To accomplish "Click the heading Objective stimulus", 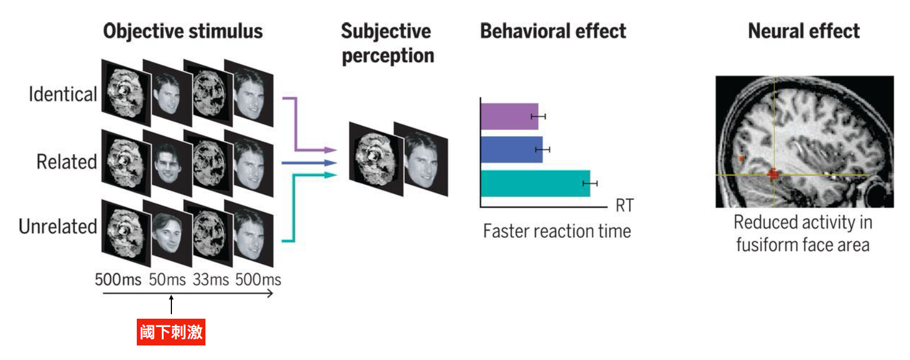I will click(183, 31).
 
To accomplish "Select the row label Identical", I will click(63, 94).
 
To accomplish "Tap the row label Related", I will click(66, 162).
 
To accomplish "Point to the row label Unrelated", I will click(58, 227).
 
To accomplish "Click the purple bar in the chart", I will click(509, 117).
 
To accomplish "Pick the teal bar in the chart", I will click(535, 184).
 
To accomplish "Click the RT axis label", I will click(625, 205).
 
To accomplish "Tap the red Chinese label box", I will click(171, 332).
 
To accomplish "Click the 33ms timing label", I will click(210, 279).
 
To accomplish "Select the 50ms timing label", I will click(167, 279).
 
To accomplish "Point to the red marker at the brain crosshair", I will click(773, 175).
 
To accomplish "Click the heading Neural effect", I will click(803, 31).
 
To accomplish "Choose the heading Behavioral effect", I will click(553, 31).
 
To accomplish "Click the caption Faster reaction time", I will click(557, 231).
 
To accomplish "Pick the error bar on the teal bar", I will click(590, 184).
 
